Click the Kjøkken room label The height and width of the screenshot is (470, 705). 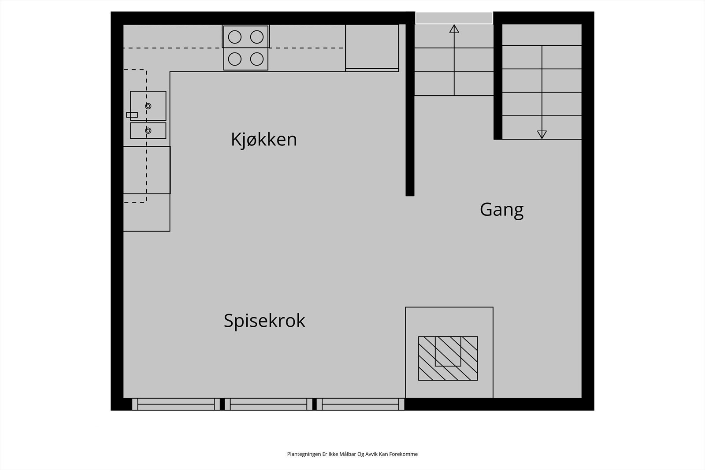click(263, 140)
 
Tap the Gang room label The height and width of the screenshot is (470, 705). click(501, 209)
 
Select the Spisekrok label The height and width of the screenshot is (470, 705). click(264, 321)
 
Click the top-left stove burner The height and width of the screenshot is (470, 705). click(235, 37)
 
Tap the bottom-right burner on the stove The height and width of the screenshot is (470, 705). click(257, 59)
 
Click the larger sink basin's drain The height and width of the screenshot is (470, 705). click(148, 106)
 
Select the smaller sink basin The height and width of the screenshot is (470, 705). click(148, 130)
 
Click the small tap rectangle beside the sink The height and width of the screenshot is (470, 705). click(132, 115)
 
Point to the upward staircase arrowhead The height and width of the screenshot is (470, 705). click(454, 29)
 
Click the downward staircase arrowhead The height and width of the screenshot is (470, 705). click(542, 134)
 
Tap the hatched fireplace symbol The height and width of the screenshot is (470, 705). click(448, 358)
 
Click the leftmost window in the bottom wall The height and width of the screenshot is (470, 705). click(176, 404)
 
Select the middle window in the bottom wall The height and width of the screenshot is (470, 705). click(268, 404)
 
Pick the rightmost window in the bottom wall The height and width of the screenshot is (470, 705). click(360, 404)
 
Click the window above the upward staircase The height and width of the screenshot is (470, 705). click(454, 18)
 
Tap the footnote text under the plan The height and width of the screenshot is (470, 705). click(352, 454)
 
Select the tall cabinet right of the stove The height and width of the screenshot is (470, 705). click(372, 48)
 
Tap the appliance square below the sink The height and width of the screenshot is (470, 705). click(147, 170)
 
